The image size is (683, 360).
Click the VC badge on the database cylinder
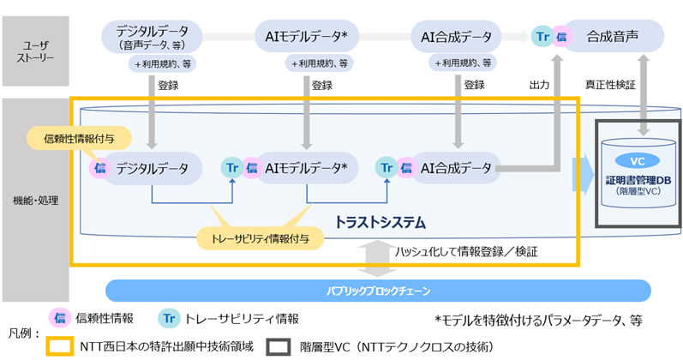click(x=637, y=162)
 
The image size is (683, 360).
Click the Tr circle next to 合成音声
click(x=543, y=37)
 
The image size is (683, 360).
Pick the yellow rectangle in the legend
click(x=61, y=347)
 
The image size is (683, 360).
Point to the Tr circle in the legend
click(x=170, y=318)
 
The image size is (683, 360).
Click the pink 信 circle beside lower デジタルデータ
click(x=101, y=169)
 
